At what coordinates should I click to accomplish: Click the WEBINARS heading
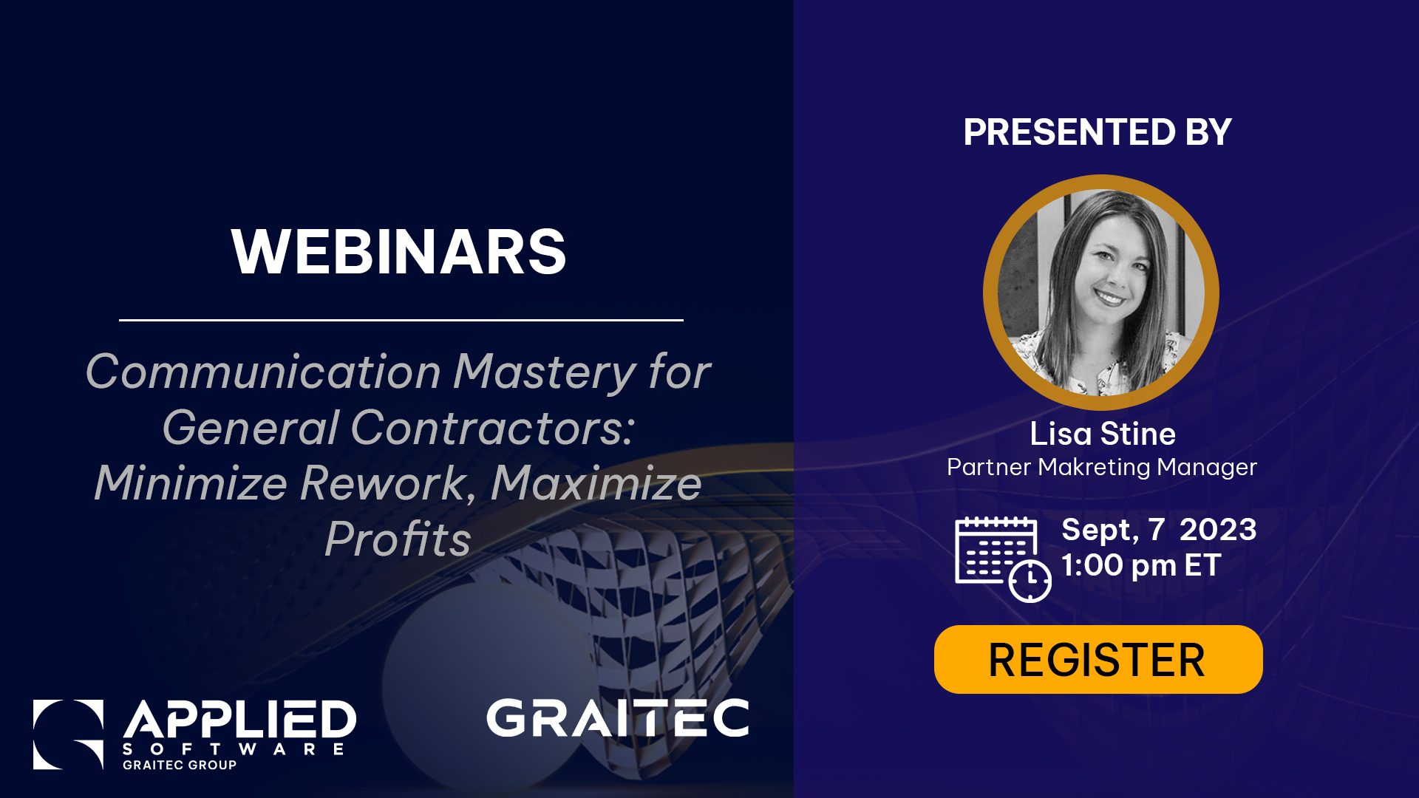[399, 251]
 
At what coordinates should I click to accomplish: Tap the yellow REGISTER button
[1098, 659]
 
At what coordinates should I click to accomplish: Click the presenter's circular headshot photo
[1100, 293]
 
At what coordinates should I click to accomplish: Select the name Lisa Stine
[1103, 434]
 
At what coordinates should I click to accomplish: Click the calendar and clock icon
[1003, 559]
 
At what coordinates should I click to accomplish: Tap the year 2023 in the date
[1218, 530]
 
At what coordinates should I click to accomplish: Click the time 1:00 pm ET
[1140, 565]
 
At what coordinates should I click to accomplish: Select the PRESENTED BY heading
[1098, 132]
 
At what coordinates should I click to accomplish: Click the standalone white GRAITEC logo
[618, 718]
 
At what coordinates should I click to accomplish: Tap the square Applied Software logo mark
[68, 734]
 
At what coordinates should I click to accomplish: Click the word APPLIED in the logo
[239, 720]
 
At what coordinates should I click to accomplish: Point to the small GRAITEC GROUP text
[180, 765]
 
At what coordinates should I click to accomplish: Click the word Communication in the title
[264, 371]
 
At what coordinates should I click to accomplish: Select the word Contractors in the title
[491, 428]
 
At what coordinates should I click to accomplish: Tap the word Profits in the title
[398, 539]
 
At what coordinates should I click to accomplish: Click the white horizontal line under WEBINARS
[401, 320]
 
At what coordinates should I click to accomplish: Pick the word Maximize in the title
[596, 483]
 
